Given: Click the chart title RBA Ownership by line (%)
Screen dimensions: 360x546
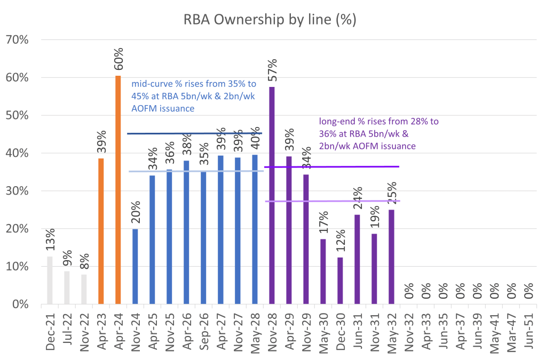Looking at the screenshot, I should click(x=270, y=20).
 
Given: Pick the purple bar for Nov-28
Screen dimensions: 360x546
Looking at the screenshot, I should click(x=272, y=195).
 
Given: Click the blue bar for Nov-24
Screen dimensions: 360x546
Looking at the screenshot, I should click(x=136, y=266).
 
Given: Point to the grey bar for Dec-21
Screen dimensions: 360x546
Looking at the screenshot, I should click(x=50, y=280).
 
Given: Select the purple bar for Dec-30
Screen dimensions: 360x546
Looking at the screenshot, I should click(x=340, y=281).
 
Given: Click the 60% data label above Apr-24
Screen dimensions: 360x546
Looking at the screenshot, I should click(x=118, y=59).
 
